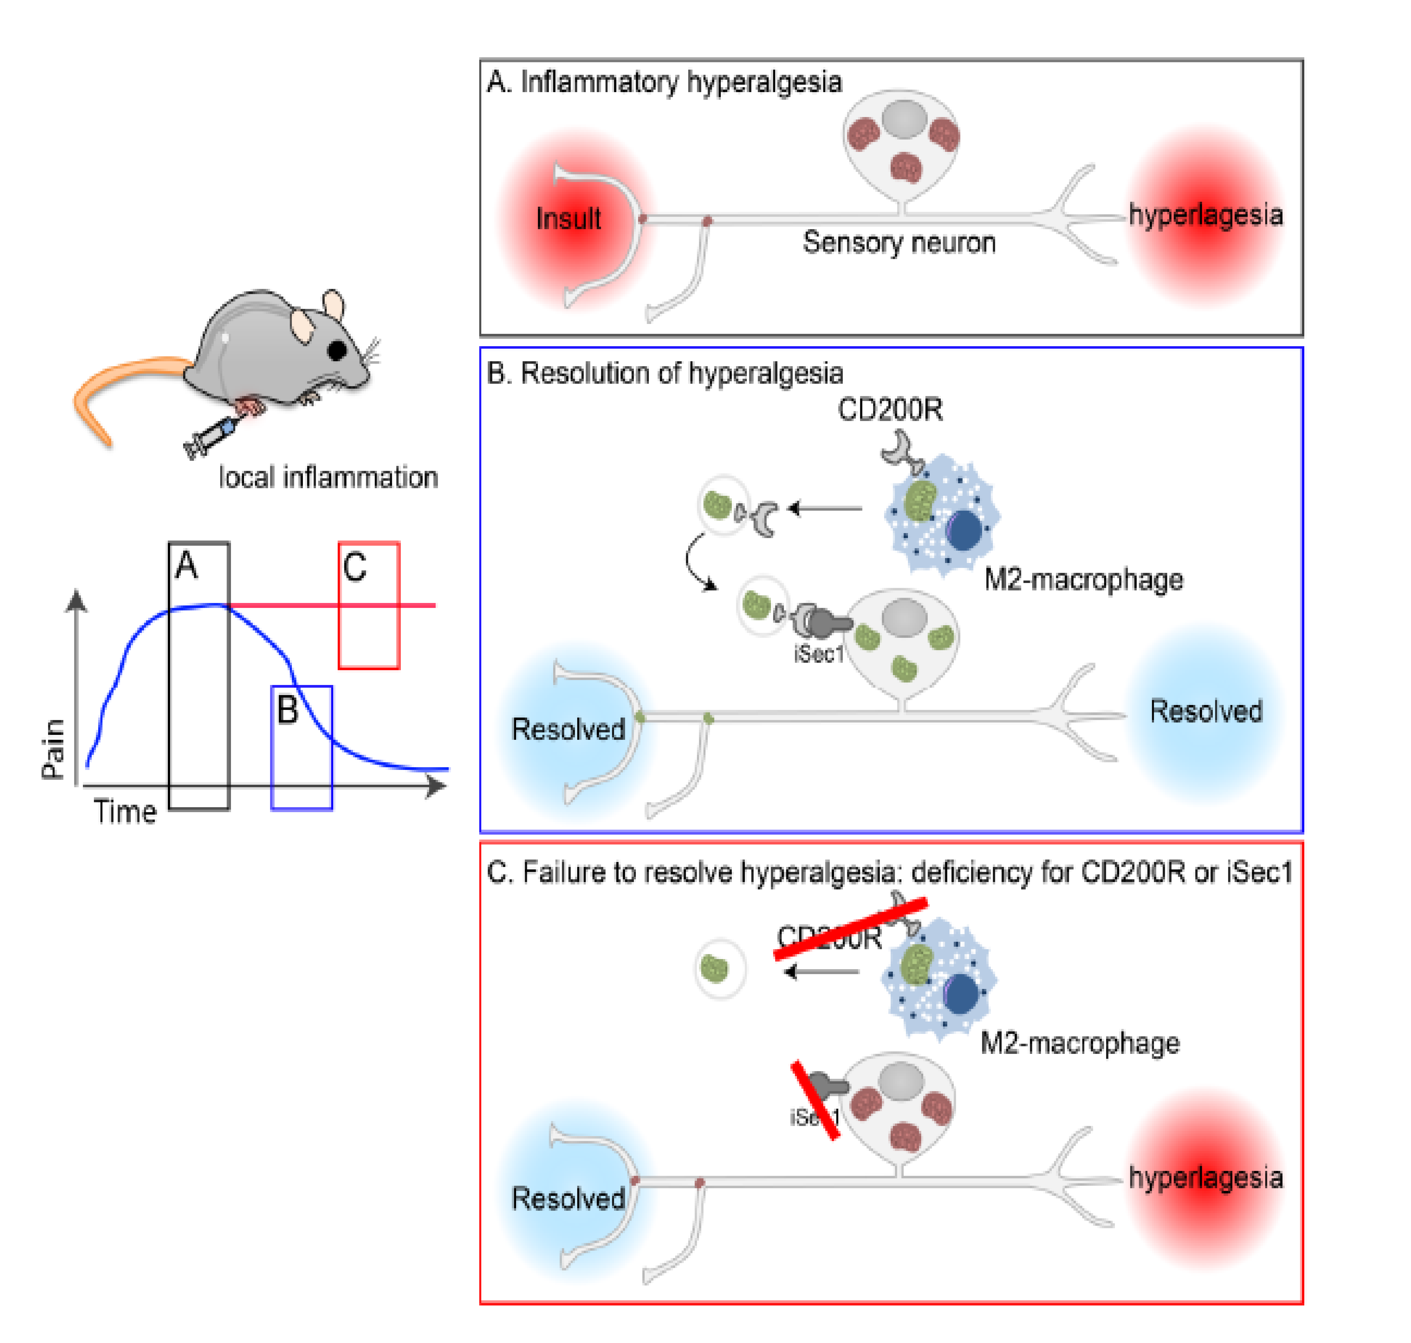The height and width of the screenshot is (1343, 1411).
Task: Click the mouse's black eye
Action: [x=337, y=350]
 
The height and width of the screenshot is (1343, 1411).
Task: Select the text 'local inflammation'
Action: [x=328, y=477]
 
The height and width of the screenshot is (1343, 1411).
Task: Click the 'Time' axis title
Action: [x=125, y=812]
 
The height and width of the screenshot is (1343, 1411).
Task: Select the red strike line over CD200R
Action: [x=850, y=929]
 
